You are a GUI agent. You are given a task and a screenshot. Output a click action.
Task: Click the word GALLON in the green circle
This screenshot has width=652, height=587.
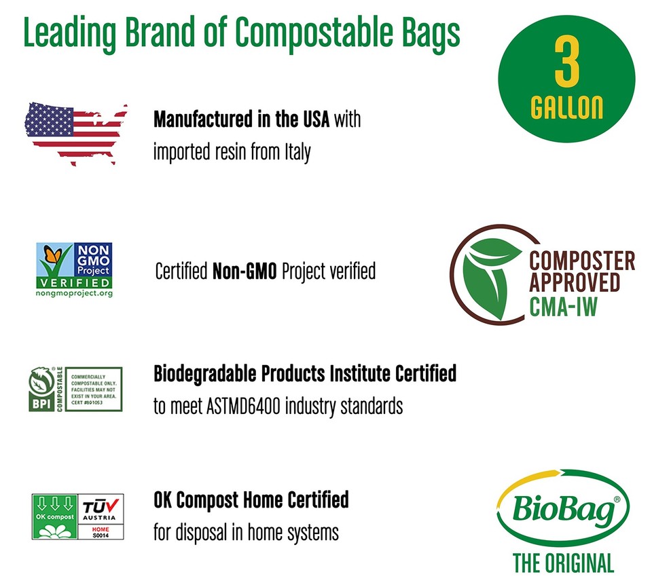click(566, 108)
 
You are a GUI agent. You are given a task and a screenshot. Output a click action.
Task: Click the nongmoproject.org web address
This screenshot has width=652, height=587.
click(74, 293)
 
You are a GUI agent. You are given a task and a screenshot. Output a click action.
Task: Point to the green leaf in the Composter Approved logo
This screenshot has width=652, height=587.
click(490, 271)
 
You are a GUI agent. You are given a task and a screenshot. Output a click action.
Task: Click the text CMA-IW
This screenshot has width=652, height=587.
click(563, 307)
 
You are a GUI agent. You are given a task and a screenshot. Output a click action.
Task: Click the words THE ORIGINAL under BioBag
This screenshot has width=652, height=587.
click(563, 563)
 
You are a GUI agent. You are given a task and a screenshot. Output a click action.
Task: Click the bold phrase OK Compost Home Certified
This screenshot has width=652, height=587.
click(251, 500)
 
